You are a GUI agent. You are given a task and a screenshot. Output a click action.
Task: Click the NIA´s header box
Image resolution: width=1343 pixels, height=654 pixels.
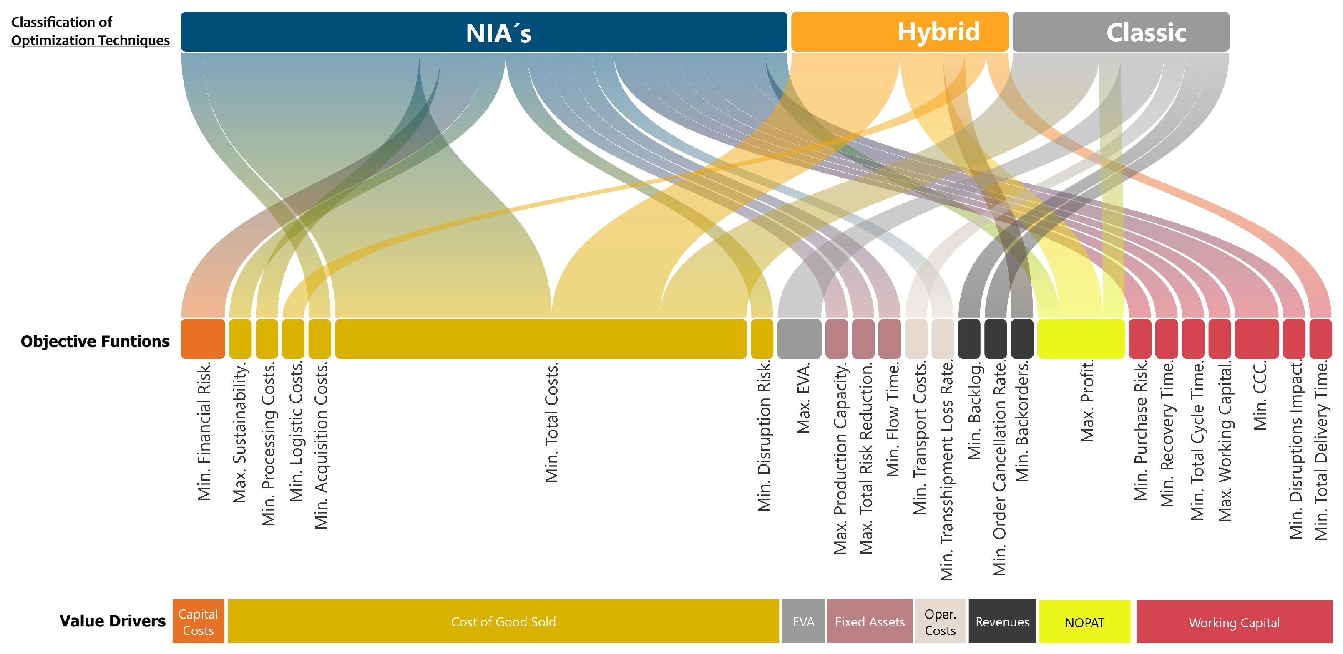pyautogui.click(x=484, y=32)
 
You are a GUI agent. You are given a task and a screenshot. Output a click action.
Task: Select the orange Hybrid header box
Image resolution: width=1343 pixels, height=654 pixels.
pyautogui.click(x=899, y=32)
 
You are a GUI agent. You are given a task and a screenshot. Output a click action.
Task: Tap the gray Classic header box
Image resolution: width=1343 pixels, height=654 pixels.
pyautogui.click(x=1120, y=32)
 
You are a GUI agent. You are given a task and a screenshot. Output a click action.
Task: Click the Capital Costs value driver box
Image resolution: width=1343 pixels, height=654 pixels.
pyautogui.click(x=198, y=621)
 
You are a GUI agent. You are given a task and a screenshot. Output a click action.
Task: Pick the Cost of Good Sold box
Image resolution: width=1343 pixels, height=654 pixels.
pyautogui.click(x=503, y=621)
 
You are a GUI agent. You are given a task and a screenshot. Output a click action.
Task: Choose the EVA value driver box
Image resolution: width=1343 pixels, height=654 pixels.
pyautogui.click(x=803, y=621)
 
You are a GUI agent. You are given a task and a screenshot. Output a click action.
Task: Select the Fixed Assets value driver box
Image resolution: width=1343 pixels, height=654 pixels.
pyautogui.click(x=870, y=621)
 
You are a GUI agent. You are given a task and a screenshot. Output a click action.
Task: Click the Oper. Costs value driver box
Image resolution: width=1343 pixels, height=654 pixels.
pyautogui.click(x=940, y=621)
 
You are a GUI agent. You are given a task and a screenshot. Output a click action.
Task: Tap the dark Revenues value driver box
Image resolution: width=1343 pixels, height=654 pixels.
pyautogui.click(x=1002, y=621)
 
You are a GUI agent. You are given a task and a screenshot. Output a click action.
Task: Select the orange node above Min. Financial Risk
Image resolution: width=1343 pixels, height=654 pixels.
pyautogui.click(x=203, y=339)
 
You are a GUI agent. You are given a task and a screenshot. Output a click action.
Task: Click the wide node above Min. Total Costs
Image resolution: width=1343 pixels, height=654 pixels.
pyautogui.click(x=541, y=339)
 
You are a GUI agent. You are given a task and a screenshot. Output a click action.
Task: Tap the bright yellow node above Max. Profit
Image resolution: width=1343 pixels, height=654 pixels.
pyautogui.click(x=1081, y=339)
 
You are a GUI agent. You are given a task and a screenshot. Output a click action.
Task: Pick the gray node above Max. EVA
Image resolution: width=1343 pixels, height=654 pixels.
pyautogui.click(x=799, y=339)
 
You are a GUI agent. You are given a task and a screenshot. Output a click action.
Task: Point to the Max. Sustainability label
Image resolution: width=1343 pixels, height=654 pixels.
pyautogui.click(x=239, y=433)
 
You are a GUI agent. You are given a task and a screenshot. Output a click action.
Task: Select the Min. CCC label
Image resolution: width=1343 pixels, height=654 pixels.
pyautogui.click(x=1260, y=396)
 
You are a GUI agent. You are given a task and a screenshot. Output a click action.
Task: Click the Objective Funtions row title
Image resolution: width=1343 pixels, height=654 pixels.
pyautogui.click(x=95, y=341)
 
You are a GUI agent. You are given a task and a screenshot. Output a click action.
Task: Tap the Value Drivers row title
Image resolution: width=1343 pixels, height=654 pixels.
pyautogui.click(x=112, y=621)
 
